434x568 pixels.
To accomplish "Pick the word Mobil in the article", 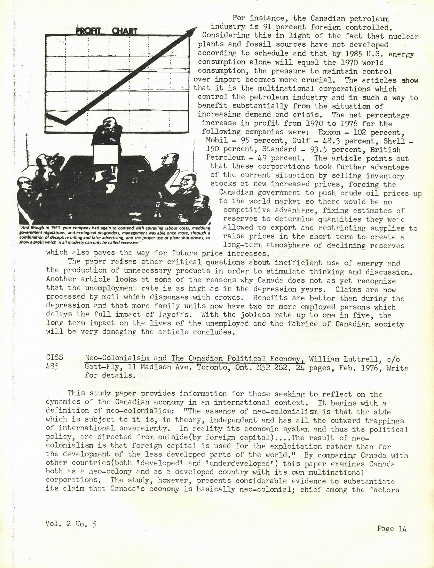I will coord(216,141).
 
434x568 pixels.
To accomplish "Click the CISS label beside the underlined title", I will coord(54,357).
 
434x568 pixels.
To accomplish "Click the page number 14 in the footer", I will coord(402,528).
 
